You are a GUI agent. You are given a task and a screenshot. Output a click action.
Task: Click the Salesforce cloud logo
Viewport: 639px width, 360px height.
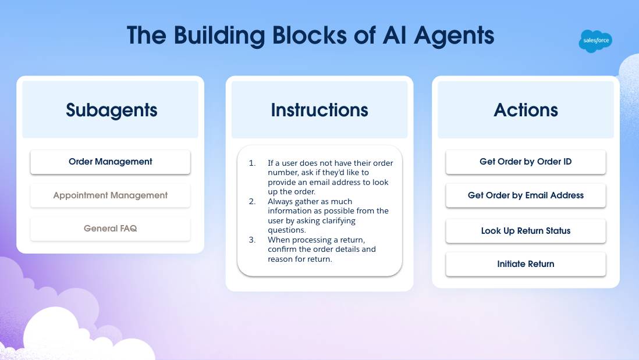click(x=595, y=41)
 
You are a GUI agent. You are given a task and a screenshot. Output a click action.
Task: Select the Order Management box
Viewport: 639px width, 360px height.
click(x=110, y=162)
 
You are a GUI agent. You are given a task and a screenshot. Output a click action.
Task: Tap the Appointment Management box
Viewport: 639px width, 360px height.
click(x=110, y=195)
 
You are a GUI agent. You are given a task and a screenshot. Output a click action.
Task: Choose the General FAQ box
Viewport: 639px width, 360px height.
click(x=110, y=229)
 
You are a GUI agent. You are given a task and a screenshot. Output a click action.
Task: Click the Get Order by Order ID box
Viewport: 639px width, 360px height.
click(x=526, y=162)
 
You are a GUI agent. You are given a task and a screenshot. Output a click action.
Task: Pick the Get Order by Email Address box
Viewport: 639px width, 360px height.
click(x=526, y=195)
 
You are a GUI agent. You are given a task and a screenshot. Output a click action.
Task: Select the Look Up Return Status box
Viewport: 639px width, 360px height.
click(x=526, y=231)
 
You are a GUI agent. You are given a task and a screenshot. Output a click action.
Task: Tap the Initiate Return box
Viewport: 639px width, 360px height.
click(x=526, y=264)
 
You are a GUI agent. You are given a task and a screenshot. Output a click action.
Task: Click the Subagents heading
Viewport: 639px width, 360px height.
click(x=111, y=110)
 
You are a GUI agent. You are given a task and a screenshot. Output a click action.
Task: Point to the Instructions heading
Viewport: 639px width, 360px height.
click(x=319, y=110)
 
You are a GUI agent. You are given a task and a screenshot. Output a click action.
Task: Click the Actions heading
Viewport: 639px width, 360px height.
click(x=526, y=110)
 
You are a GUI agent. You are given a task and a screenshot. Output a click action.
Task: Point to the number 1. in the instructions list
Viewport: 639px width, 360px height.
click(x=252, y=163)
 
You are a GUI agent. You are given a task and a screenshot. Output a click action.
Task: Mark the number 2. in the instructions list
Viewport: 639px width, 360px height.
click(x=252, y=201)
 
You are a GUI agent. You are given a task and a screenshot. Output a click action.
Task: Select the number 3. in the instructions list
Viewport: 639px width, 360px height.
click(x=252, y=239)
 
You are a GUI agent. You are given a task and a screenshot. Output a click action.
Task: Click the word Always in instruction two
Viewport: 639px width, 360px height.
click(x=281, y=201)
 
